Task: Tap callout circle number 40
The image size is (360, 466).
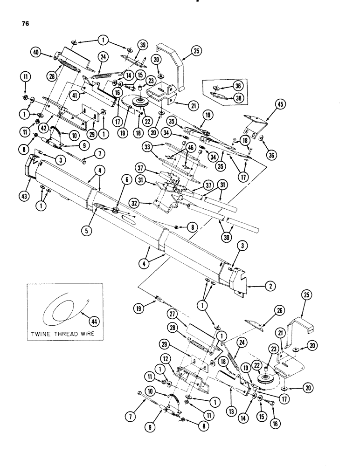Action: tap(34, 53)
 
